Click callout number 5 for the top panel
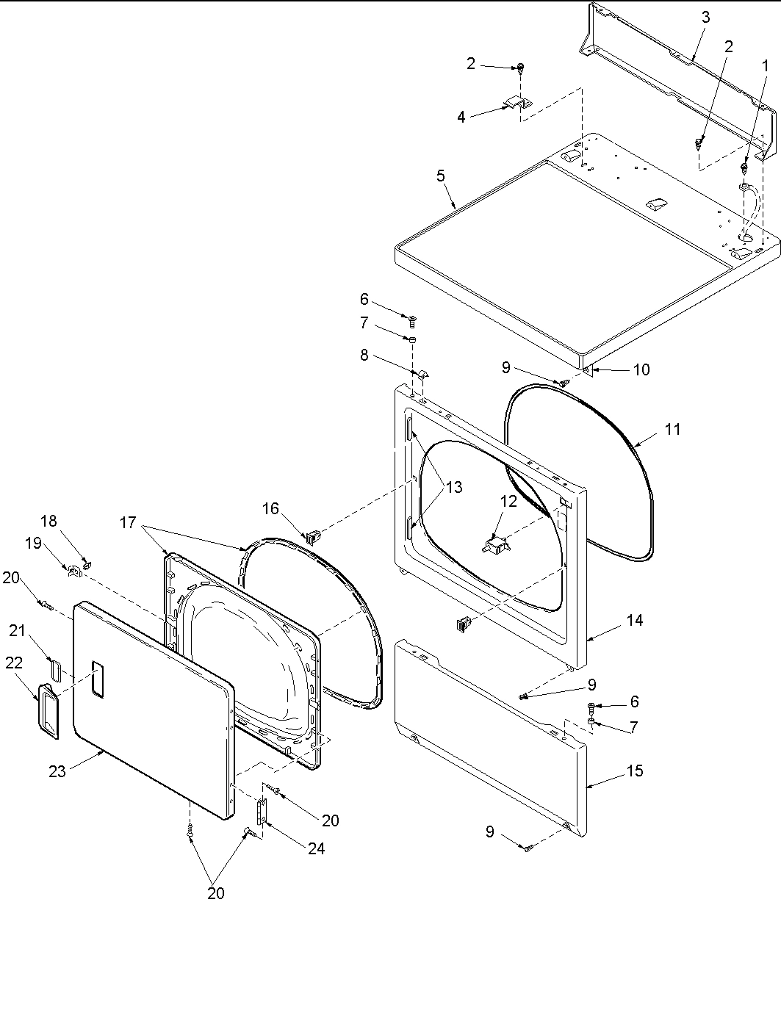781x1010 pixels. coord(441,176)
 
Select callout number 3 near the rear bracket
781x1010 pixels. coord(705,18)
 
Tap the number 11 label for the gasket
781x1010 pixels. coord(673,430)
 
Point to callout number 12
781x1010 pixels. coord(508,502)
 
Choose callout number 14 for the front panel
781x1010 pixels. coord(635,620)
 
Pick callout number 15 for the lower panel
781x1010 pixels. coord(635,771)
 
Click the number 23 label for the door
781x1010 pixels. coord(57,771)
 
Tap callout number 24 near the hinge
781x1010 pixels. coord(316,848)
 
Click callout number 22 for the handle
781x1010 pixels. coord(14,663)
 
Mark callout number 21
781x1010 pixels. coord(17,630)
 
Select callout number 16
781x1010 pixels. coord(270,508)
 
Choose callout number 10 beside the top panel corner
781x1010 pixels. coord(641,369)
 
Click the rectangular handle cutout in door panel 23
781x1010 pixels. coord(97,679)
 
